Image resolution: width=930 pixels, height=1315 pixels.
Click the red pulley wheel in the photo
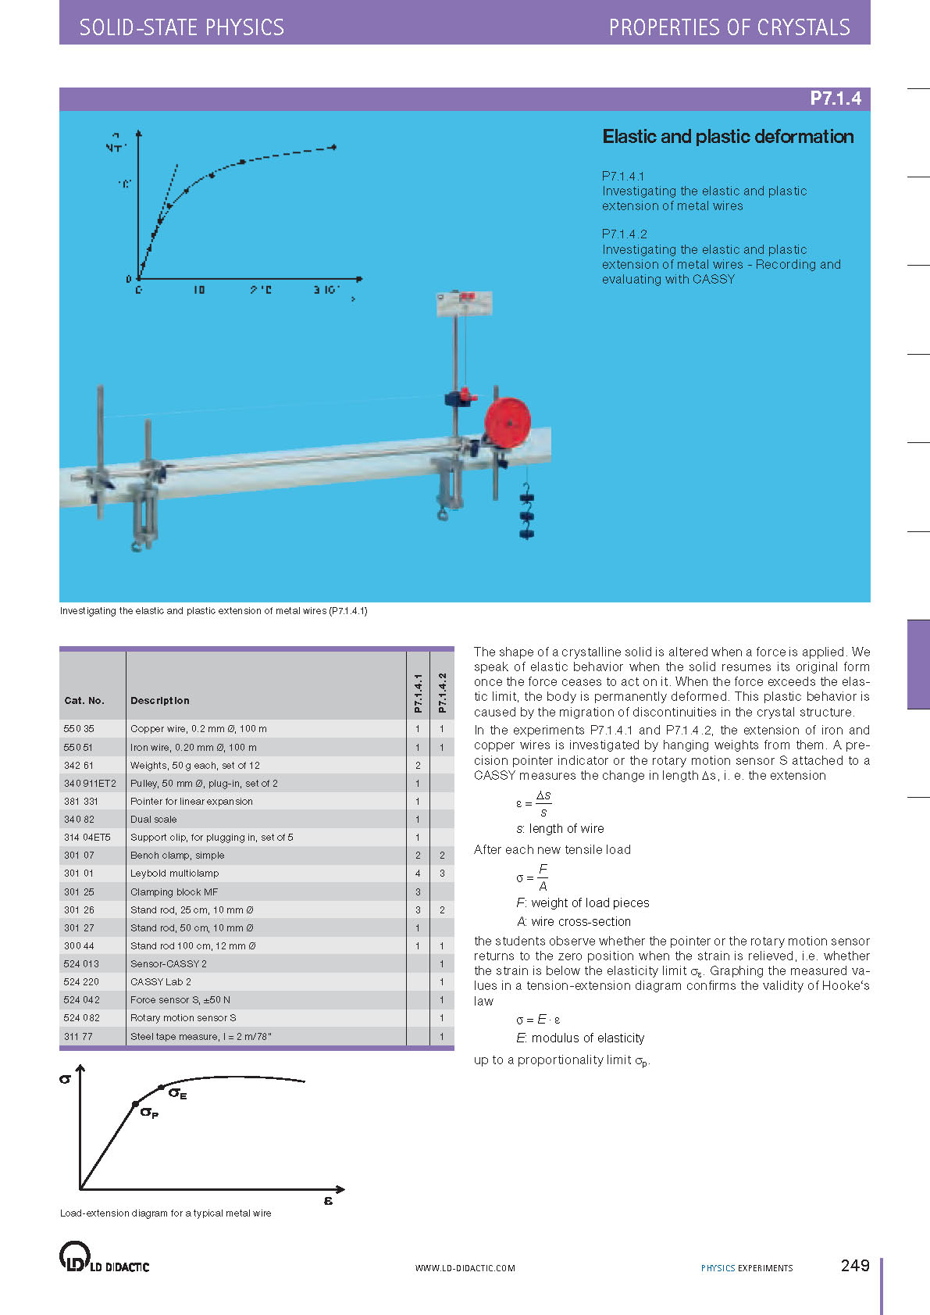click(x=508, y=423)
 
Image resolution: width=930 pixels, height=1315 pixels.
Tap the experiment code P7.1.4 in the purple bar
click(x=835, y=98)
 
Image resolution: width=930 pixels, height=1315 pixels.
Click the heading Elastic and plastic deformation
click(x=728, y=137)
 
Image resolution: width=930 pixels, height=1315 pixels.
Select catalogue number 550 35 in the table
click(x=79, y=729)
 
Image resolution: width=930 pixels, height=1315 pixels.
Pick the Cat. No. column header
click(x=84, y=701)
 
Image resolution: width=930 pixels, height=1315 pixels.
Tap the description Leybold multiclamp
click(x=174, y=874)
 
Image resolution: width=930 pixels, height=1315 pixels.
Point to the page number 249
click(x=855, y=1266)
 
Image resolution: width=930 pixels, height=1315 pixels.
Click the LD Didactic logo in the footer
click(x=104, y=1257)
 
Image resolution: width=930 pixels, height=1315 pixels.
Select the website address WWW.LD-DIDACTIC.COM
click(x=465, y=1268)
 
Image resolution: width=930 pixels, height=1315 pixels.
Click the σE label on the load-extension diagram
click(x=178, y=1094)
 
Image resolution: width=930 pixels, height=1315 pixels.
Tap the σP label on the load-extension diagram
click(x=149, y=1113)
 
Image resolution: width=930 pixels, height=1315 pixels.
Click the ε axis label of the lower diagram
click(x=328, y=1200)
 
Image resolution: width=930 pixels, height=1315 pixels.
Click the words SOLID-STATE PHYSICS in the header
click(x=182, y=28)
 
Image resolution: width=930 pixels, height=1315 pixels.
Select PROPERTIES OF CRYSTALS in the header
click(x=729, y=28)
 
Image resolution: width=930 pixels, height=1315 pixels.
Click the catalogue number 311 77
click(x=78, y=1037)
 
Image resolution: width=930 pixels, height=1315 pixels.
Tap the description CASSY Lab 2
click(x=161, y=982)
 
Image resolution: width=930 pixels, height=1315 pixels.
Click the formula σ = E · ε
click(x=539, y=1020)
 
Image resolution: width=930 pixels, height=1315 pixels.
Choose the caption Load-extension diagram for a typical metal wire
click(x=166, y=1213)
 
